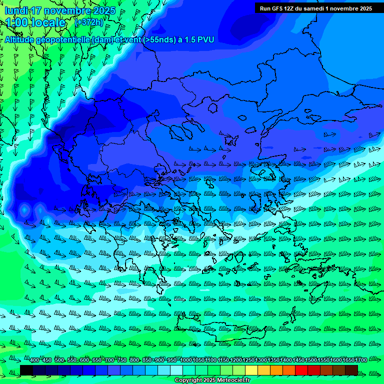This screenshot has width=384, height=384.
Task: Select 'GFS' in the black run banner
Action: point(277,8)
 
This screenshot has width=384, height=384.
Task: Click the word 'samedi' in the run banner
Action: point(313,8)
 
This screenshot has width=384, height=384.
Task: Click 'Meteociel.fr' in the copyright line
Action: point(230,380)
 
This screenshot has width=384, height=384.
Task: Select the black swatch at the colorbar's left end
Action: point(26,370)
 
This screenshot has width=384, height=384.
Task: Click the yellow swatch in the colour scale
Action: point(252,370)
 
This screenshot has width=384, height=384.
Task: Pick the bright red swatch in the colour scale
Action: point(301,370)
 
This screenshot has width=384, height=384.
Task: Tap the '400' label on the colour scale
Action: point(34,360)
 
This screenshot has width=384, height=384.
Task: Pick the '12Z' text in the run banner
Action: point(290,8)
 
